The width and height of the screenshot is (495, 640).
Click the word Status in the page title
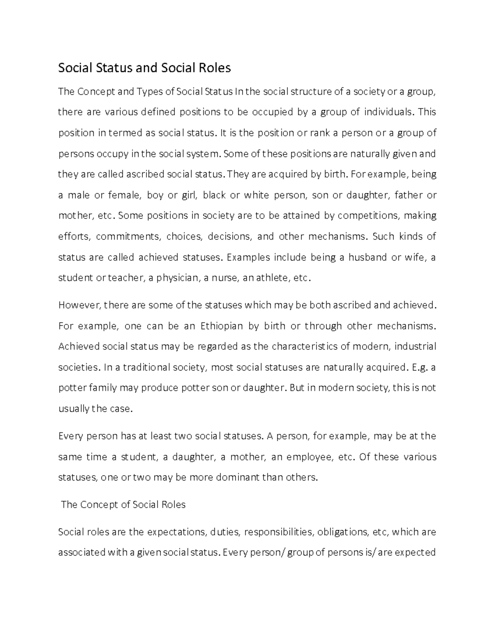[112, 68]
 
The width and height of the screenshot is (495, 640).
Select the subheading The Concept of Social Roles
[123, 504]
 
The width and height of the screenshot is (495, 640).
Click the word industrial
[415, 347]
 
